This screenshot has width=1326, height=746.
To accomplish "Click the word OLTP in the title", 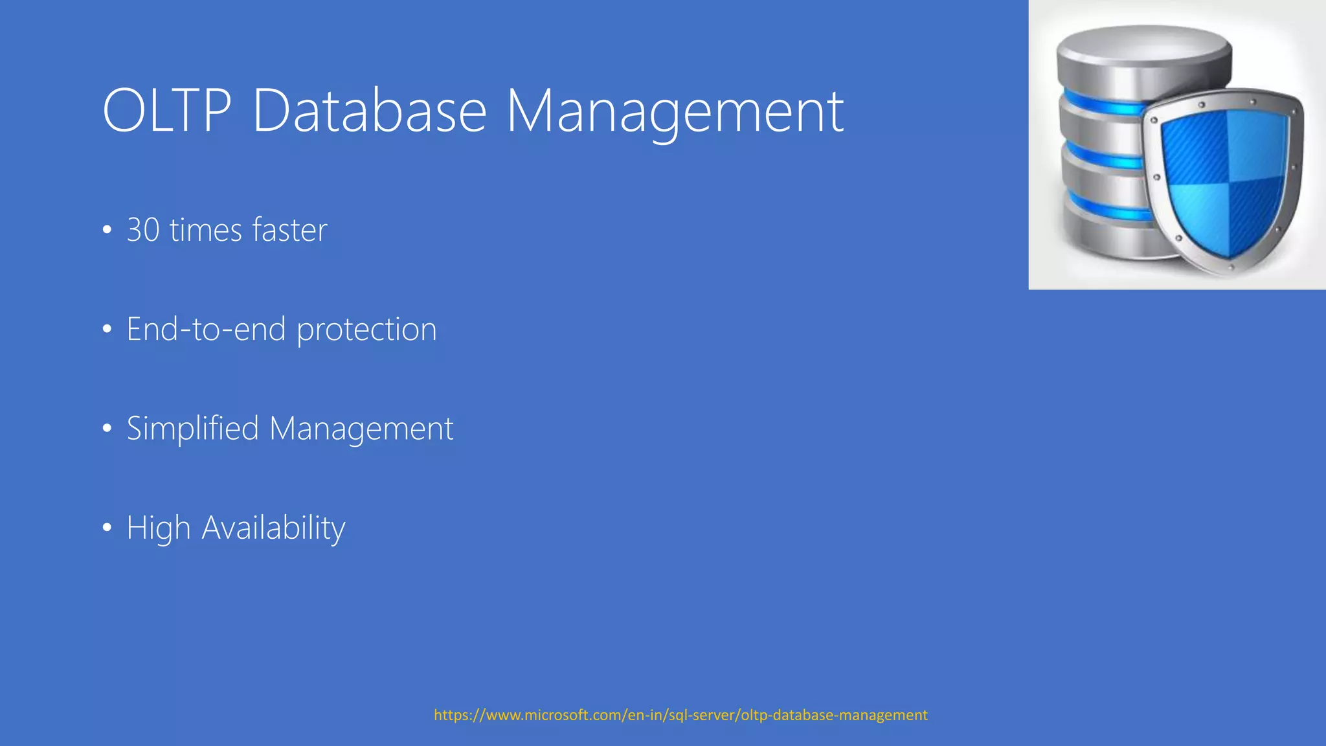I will tap(166, 111).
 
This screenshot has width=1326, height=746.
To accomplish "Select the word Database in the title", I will tap(369, 111).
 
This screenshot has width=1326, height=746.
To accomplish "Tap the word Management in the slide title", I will tap(675, 112).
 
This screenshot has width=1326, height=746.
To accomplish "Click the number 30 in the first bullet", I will tap(143, 230).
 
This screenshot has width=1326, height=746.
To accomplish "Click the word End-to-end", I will tap(206, 329).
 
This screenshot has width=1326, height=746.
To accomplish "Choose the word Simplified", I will tap(192, 429).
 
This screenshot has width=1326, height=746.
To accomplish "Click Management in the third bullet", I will tap(361, 429).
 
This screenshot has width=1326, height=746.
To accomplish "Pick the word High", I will tap(158, 528).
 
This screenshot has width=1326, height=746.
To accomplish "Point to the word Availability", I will tap(273, 528).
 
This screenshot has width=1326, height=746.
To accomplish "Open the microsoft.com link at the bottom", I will tap(680, 715).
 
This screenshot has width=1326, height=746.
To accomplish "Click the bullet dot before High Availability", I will tap(107, 528).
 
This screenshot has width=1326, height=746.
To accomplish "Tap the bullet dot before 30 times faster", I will tap(107, 231).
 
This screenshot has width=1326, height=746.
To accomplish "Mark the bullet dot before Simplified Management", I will tap(107, 429).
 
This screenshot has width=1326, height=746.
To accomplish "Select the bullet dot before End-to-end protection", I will tap(107, 330).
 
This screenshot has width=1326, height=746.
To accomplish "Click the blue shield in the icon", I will tap(1224, 181).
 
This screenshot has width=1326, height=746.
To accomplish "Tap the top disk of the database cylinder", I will tap(1144, 49).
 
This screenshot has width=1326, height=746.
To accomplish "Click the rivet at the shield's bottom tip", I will tap(1231, 266).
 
